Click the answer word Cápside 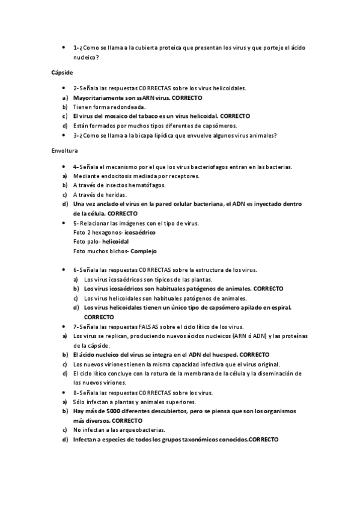[x=61, y=72]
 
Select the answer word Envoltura [x=64, y=150]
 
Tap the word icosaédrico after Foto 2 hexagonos [x=139, y=232]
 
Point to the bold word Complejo [x=147, y=251]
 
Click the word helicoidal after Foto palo [x=120, y=241]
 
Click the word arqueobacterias [x=141, y=430]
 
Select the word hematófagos [x=132, y=185]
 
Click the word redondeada [x=125, y=106]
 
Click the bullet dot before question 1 [x=63, y=47]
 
